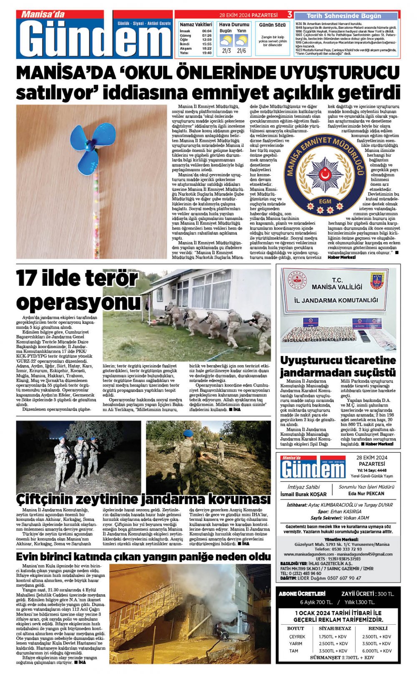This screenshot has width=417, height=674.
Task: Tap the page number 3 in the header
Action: (x=289, y=15)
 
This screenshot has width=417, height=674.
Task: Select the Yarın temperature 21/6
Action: (x=241, y=51)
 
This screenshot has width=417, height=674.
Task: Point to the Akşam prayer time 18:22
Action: (x=207, y=48)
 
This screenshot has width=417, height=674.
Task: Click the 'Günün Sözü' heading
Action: (x=272, y=25)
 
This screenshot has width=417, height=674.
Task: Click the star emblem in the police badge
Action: (x=325, y=174)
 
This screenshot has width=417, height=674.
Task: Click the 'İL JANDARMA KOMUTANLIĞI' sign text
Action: (x=336, y=300)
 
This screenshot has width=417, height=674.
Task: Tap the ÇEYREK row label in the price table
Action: (x=297, y=637)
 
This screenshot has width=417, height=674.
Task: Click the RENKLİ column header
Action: (x=378, y=628)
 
